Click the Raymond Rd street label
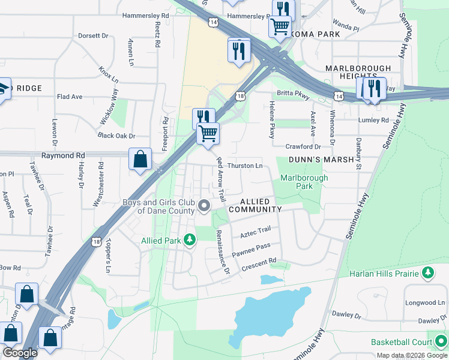(63, 155)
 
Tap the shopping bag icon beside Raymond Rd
(140, 160)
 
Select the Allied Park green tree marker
(190, 241)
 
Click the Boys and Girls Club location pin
(204, 206)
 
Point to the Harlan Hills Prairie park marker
(428, 274)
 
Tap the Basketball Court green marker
(441, 342)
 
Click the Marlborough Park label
(304, 182)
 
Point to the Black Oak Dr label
(116, 136)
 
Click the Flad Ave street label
(69, 97)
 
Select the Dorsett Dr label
(93, 36)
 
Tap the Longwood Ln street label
(425, 303)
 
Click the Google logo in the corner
(19, 353)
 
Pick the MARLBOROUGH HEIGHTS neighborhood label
(358, 73)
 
